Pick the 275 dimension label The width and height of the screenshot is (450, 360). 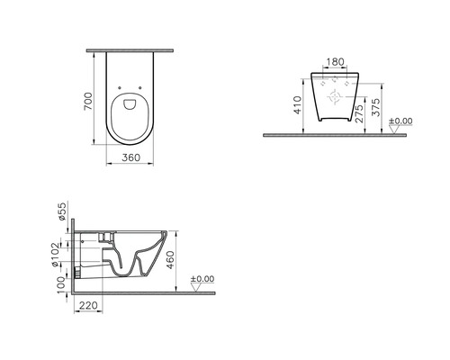coord(359,111)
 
